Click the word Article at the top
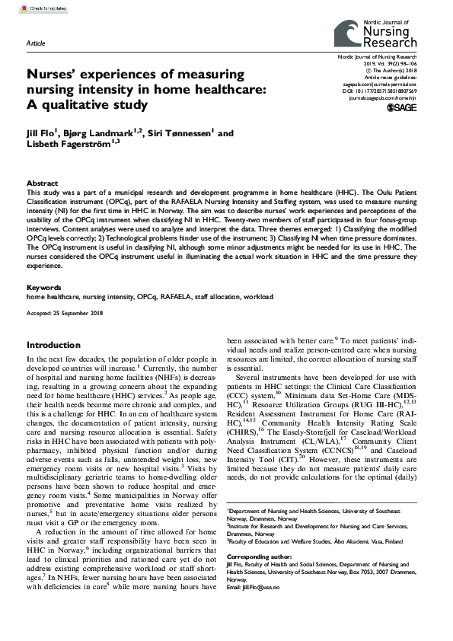coord(36,43)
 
